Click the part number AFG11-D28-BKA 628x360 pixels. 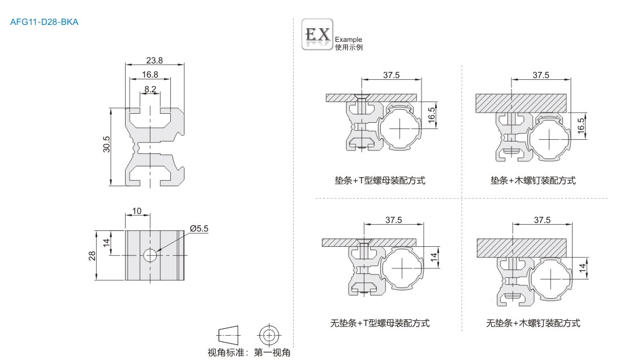pos(44,23)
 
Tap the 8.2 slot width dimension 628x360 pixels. pos(150,89)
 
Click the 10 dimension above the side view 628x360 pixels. pos(137,211)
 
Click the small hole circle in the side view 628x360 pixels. pos(150,255)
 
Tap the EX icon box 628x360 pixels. pos(317,35)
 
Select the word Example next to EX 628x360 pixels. pos(349,40)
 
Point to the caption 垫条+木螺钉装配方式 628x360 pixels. pos(533,181)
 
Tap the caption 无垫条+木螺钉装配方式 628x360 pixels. pos(533,323)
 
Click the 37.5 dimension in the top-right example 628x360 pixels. pos(541,75)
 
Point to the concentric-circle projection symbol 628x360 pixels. pos(269,334)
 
